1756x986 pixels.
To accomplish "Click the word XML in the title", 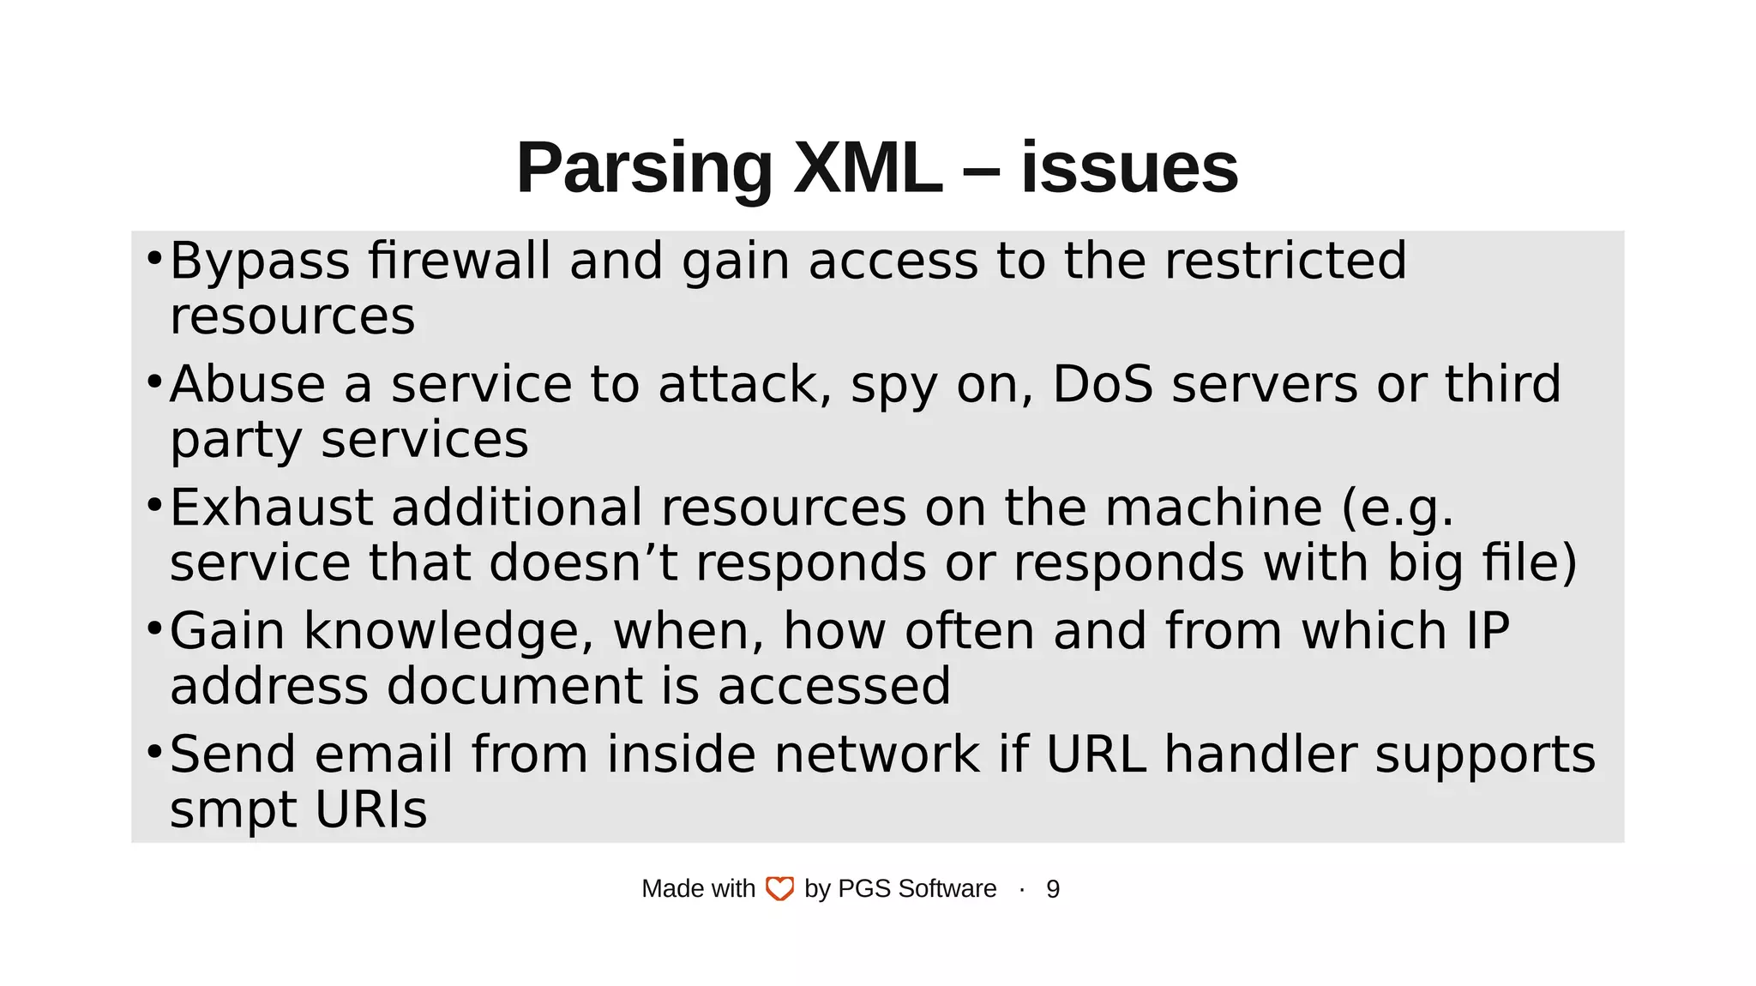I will click(867, 168).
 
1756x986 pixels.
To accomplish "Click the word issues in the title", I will click(1129, 168).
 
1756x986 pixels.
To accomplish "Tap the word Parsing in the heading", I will click(644, 170).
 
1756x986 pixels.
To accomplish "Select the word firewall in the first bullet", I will click(460, 261).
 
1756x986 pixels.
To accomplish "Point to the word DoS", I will click(1103, 384).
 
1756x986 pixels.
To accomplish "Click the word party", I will click(236, 441).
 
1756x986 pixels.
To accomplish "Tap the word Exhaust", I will click(271, 508).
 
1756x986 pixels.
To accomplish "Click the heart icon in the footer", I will click(779, 889).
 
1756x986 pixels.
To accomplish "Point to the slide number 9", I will click(1053, 889).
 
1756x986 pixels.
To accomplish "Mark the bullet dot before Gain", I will click(154, 628).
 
